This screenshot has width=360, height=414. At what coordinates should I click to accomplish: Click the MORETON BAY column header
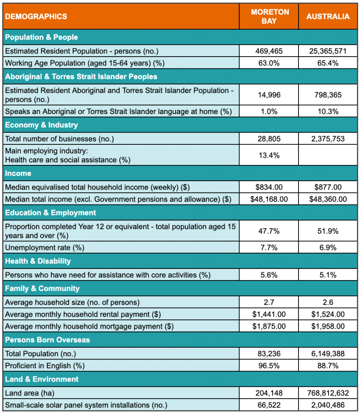click(x=269, y=17)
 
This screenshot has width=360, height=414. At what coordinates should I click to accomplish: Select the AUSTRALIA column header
click(x=328, y=17)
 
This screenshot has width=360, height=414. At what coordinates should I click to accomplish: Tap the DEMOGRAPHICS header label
click(x=36, y=17)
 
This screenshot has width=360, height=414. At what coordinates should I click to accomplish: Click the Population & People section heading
click(x=41, y=37)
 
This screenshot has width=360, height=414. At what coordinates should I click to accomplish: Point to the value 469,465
click(x=269, y=51)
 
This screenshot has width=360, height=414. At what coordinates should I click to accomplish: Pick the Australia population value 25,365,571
click(x=328, y=51)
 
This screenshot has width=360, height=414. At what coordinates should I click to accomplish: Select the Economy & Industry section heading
click(x=41, y=125)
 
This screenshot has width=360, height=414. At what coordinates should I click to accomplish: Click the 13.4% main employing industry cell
click(x=269, y=155)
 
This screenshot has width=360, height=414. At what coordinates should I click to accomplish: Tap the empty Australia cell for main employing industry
click(x=328, y=155)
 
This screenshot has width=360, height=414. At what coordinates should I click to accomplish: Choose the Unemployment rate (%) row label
click(x=44, y=247)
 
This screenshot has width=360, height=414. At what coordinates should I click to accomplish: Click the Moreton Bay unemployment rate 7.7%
click(x=269, y=247)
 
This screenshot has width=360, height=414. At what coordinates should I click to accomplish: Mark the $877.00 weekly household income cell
click(x=328, y=187)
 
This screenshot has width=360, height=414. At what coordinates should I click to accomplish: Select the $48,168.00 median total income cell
click(x=269, y=199)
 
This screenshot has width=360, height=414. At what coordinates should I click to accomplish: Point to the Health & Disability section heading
click(x=38, y=261)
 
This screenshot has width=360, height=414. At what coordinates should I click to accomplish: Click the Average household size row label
click(x=72, y=302)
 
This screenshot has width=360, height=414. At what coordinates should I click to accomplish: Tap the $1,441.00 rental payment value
click(x=269, y=314)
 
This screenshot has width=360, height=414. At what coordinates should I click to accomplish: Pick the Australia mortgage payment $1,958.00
click(x=328, y=326)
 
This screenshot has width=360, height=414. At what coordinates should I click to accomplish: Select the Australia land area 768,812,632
click(x=328, y=393)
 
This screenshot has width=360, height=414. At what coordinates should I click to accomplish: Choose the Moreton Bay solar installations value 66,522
click(x=269, y=405)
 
